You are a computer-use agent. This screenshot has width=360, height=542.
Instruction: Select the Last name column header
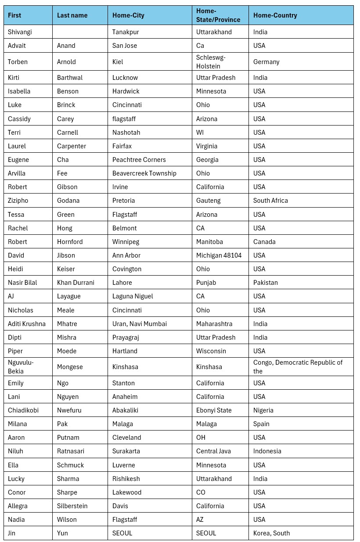(72, 15)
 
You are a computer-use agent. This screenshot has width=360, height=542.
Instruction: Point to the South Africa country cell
(270, 201)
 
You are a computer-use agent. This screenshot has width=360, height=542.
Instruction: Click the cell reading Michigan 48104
(219, 255)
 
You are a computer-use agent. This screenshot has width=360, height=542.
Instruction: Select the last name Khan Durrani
(76, 283)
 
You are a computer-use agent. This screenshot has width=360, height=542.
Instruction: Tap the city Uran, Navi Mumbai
(140, 324)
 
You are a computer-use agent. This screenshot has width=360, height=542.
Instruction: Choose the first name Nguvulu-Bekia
(21, 367)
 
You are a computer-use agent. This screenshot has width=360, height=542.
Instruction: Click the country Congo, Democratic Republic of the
(298, 367)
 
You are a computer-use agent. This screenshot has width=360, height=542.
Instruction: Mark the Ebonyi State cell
(214, 410)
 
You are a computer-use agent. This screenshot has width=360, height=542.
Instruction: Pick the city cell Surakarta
(126, 451)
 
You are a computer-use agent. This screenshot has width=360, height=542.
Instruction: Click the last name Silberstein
(72, 506)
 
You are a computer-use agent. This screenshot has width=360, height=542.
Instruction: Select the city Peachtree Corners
(139, 160)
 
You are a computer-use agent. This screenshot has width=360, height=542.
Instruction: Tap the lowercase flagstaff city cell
(125, 119)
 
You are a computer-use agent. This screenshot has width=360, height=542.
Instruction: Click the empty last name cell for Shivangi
(79, 32)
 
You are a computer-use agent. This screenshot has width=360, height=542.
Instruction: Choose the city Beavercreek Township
(144, 173)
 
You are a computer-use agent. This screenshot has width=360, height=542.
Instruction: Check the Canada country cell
(264, 242)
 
